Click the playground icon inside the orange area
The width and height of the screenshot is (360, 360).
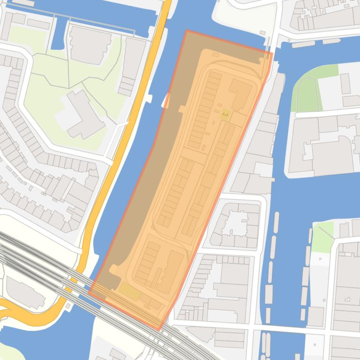pyautogui.click(x=226, y=114)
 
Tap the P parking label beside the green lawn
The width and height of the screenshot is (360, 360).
pyautogui.click(x=321, y=259)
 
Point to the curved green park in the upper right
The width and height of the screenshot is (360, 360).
pyautogui.click(x=306, y=94)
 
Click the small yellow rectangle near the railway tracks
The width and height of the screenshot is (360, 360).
pyautogui.click(x=129, y=293)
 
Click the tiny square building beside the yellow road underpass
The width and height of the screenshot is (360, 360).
pyautogui.click(x=70, y=307)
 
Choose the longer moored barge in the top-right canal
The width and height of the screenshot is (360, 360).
pyautogui.click(x=303, y=44)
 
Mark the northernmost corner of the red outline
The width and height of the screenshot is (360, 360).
pyautogui.click(x=186, y=31)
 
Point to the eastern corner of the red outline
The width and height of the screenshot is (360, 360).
pyautogui.click(x=272, y=54)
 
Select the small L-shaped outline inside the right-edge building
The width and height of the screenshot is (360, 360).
pyautogui.click(x=349, y=298)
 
